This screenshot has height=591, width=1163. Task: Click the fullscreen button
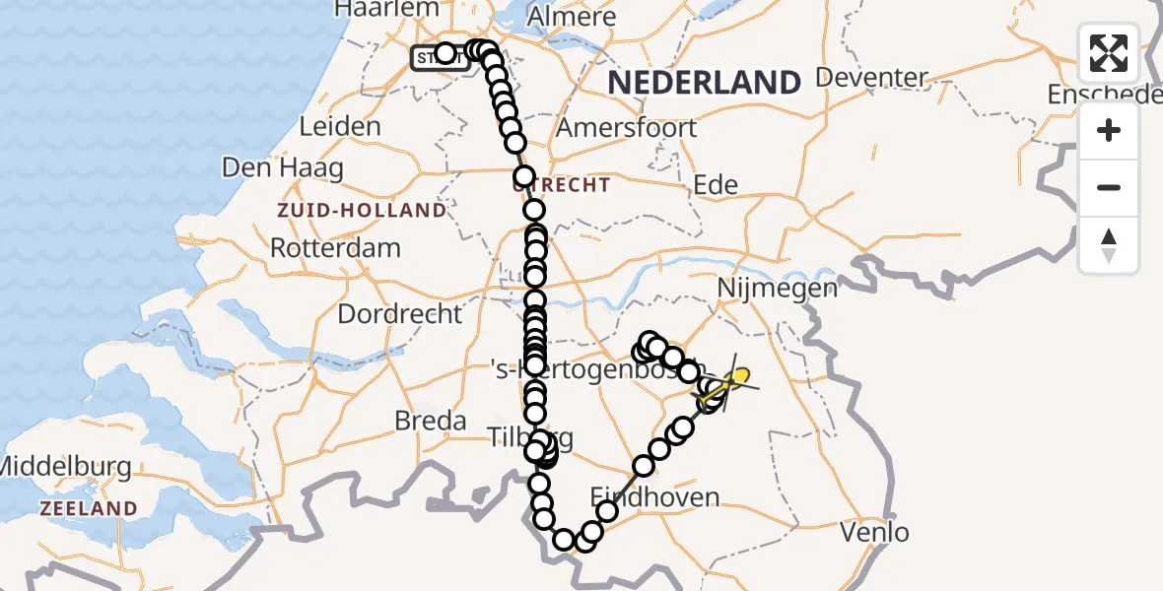coord(1109,53)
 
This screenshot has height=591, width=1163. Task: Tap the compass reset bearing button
coord(1109,245)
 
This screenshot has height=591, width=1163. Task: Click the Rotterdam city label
coord(335,247)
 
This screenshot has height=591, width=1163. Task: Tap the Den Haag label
coord(283,167)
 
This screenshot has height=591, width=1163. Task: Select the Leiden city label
coord(339,126)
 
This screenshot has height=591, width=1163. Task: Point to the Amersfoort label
coord(626,127)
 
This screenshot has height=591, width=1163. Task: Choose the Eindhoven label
coord(654,496)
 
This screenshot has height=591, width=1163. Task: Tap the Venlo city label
coord(874,533)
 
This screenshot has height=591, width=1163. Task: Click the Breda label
coord(430,421)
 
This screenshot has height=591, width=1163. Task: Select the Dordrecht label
coord(399,314)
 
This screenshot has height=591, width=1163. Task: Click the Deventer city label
coord(872,77)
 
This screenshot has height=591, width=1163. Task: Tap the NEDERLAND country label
coord(703,83)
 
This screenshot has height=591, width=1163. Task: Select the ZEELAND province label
coord(88,508)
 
